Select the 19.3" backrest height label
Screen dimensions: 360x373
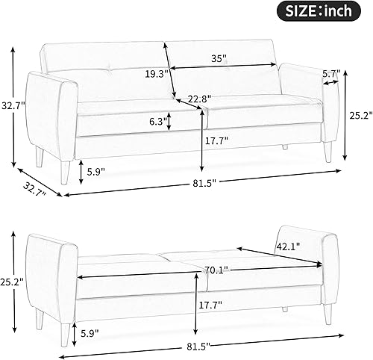coord(154,74)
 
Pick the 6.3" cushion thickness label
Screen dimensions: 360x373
coord(156,121)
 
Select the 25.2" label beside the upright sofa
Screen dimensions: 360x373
coord(358,116)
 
